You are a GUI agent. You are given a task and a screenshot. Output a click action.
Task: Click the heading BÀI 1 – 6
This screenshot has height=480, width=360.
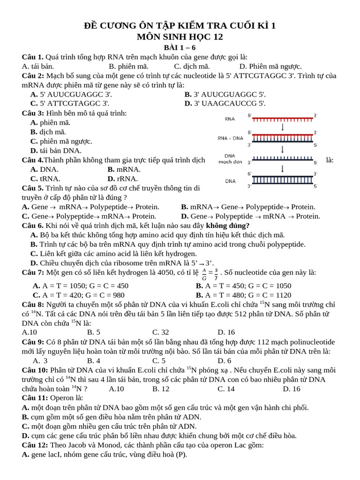(x=180, y=47)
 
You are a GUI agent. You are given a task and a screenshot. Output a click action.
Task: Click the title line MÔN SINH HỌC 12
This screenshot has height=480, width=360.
(x=180, y=37)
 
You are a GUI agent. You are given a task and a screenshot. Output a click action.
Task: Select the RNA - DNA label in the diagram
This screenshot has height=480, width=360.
(x=230, y=138)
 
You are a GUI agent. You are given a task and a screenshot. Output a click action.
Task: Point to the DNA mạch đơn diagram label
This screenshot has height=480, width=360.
(x=230, y=159)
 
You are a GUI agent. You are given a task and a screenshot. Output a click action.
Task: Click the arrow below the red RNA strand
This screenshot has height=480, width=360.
(x=283, y=127)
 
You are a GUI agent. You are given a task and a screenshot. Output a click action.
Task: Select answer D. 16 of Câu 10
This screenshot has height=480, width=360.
(x=292, y=389)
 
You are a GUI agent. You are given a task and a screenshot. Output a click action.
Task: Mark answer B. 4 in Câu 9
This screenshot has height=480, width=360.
(x=94, y=360)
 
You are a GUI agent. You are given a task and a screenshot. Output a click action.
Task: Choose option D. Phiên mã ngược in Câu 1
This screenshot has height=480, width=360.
(x=270, y=66)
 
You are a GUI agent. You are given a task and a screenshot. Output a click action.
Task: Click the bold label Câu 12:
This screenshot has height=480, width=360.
(x=35, y=445)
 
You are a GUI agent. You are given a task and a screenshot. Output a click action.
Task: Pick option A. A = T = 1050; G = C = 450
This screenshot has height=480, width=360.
(x=80, y=285)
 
